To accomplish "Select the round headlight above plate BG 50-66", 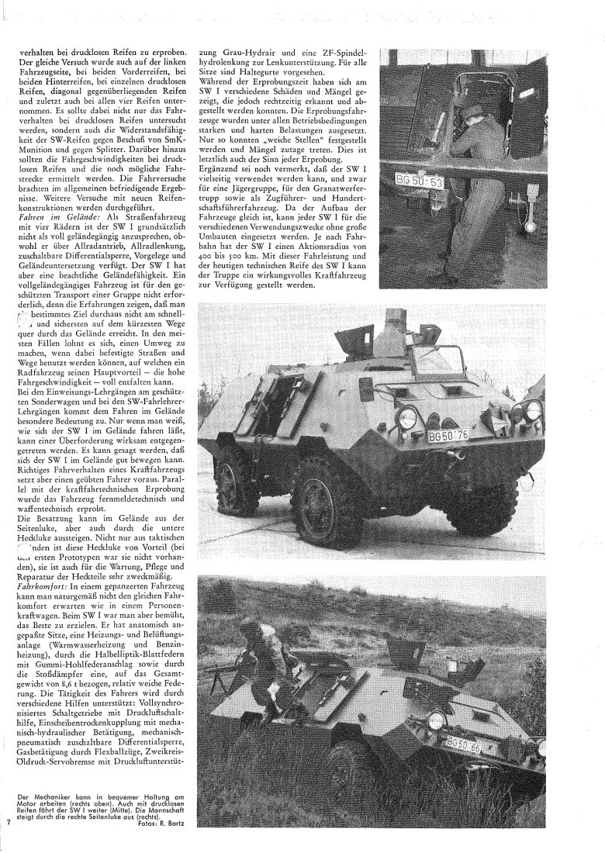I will point(436,721).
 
